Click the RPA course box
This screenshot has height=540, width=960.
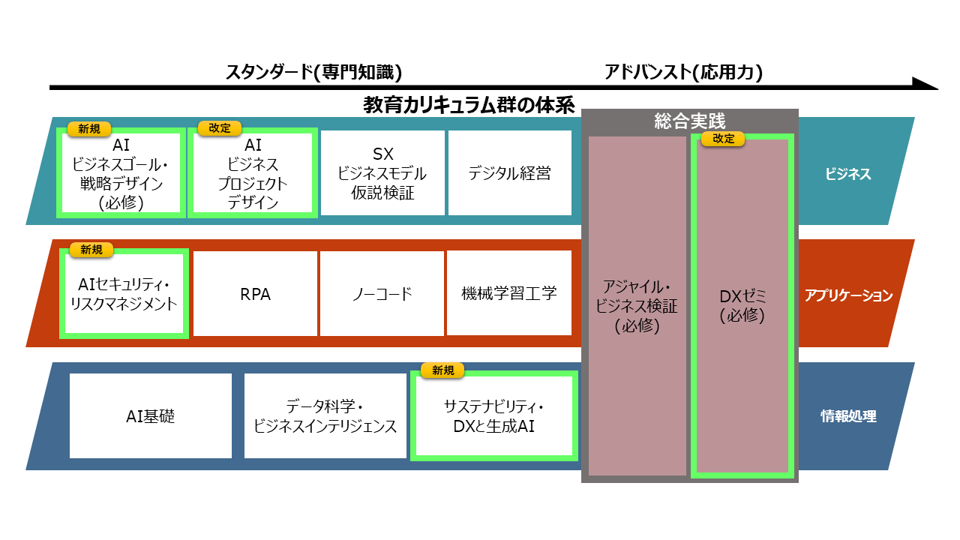pyautogui.click(x=255, y=294)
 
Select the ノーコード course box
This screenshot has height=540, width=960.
pyautogui.click(x=382, y=294)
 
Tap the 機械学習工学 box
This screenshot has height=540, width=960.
pyautogui.click(x=509, y=293)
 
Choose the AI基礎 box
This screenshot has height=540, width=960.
pyautogui.click(x=151, y=416)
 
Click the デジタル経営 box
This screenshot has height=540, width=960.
pyautogui.click(x=510, y=173)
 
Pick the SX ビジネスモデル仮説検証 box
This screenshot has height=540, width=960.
pyautogui.click(x=382, y=173)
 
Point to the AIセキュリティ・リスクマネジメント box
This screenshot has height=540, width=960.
pyautogui.click(x=124, y=294)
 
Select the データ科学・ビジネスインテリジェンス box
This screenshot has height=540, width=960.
pyautogui.click(x=325, y=416)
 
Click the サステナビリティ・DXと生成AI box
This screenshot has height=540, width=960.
pyautogui.click(x=494, y=416)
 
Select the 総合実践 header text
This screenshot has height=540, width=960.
pyautogui.click(x=689, y=121)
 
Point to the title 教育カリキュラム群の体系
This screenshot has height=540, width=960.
pyautogui.click(x=469, y=104)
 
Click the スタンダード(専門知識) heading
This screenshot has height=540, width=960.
pyautogui.click(x=314, y=72)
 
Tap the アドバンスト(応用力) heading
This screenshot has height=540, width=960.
pyautogui.click(x=683, y=72)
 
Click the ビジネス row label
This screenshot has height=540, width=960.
pyautogui.click(x=848, y=174)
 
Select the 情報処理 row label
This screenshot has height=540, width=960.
pyautogui.click(x=848, y=416)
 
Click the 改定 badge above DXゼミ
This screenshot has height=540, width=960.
pyautogui.click(x=723, y=139)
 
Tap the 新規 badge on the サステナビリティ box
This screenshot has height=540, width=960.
pyautogui.click(x=442, y=370)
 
